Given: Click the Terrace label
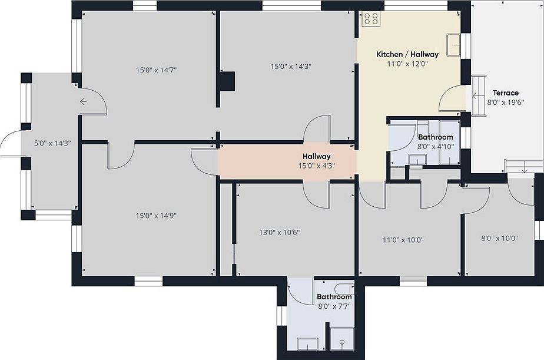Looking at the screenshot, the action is [506, 93].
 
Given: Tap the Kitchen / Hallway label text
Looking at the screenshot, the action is [407, 55].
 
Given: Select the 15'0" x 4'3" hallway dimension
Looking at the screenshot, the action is [316, 166].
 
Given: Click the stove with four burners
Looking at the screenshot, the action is [371, 19].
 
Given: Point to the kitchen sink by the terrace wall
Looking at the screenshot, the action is [453, 44].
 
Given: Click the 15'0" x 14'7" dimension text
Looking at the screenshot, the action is [156, 70].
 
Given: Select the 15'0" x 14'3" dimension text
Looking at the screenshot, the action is [291, 67].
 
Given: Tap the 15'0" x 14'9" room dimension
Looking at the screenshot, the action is [156, 216].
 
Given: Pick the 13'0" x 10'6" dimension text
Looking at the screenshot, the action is [279, 232].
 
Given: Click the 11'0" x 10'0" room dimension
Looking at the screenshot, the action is [403, 240].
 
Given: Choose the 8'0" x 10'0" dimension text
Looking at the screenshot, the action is [500, 239].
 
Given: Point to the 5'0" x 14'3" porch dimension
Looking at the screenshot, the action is [52, 143].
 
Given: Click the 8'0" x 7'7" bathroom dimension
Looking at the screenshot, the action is [334, 306].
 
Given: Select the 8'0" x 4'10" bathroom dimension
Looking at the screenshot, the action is [436, 147].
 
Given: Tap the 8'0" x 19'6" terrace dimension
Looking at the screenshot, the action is [506, 103].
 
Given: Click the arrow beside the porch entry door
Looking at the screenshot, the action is [83, 102].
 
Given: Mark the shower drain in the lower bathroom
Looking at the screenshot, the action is [342, 342].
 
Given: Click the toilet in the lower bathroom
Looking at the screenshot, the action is [344, 289].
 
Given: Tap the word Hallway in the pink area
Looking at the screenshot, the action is [316, 157].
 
